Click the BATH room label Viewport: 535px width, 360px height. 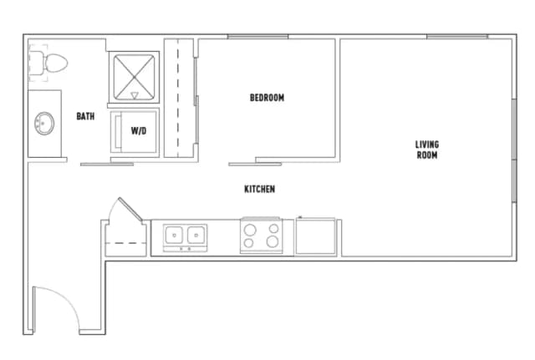coord(85,116)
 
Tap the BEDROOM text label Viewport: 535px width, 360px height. coord(267,98)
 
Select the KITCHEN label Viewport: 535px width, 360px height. coord(259,190)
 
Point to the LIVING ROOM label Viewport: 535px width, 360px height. coord(427,150)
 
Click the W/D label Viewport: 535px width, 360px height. coord(139,130)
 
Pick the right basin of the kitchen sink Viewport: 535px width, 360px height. coord(196,234)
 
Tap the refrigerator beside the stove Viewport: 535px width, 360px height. coord(317,236)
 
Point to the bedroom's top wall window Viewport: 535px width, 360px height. coord(257,37)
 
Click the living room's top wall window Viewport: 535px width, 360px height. coord(456,37)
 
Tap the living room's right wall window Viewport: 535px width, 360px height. coord(512,150)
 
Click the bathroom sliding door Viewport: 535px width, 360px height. coord(107,163)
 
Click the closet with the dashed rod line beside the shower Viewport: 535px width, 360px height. coord(178,98)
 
